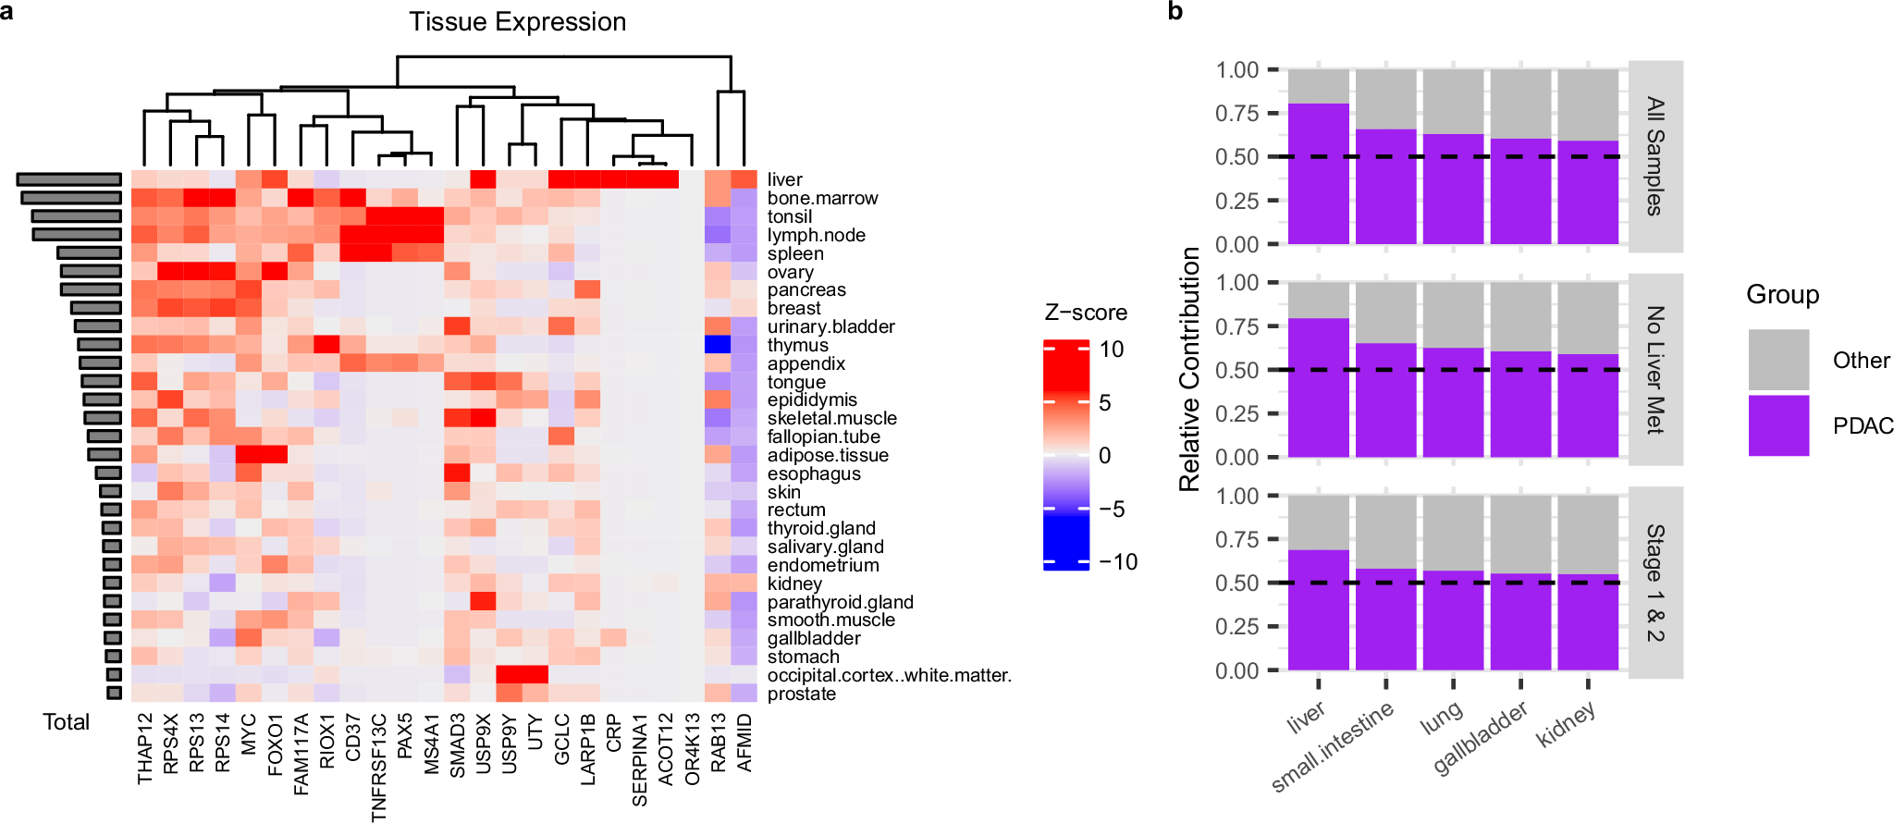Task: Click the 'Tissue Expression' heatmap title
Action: click(x=518, y=22)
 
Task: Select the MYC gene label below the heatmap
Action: click(x=249, y=733)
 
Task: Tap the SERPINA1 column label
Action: click(x=640, y=759)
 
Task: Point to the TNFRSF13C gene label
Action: click(x=379, y=767)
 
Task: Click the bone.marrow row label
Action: click(x=822, y=198)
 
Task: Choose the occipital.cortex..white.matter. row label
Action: click(x=889, y=675)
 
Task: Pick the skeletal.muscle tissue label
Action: click(x=831, y=418)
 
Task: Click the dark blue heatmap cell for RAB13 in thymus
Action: click(x=718, y=345)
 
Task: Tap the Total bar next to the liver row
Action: click(x=69, y=179)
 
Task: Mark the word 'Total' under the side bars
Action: click(x=66, y=722)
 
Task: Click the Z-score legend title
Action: click(x=1086, y=313)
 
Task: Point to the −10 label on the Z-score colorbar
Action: click(x=1117, y=561)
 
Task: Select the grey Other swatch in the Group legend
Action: click(x=1778, y=360)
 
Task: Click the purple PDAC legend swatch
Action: click(x=1778, y=425)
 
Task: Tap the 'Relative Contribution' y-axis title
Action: click(x=1189, y=369)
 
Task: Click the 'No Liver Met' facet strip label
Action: click(x=1655, y=369)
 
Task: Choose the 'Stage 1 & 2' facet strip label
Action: click(x=1655, y=583)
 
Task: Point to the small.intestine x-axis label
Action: click(x=1332, y=747)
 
